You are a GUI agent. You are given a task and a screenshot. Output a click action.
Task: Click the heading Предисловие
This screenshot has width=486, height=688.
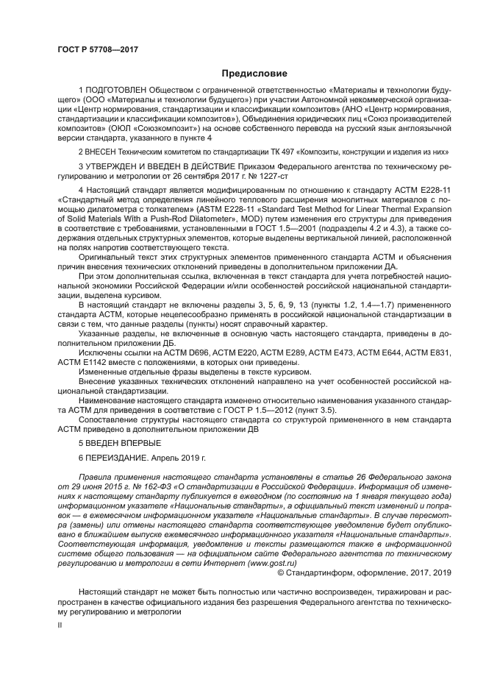[254, 73]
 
